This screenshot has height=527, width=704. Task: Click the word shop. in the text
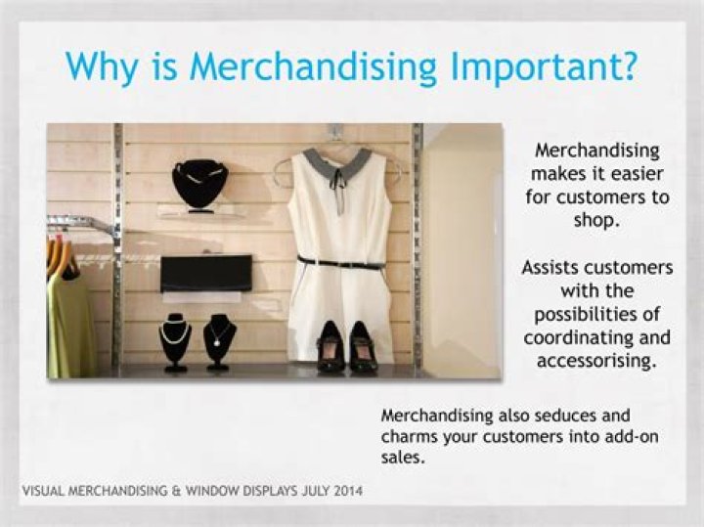(x=596, y=220)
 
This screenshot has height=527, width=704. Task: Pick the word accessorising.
(x=596, y=361)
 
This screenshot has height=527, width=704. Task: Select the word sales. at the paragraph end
(x=403, y=458)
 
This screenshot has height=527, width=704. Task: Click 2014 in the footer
(x=344, y=490)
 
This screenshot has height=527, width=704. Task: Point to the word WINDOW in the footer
(x=243, y=490)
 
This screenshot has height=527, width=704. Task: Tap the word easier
(x=637, y=173)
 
